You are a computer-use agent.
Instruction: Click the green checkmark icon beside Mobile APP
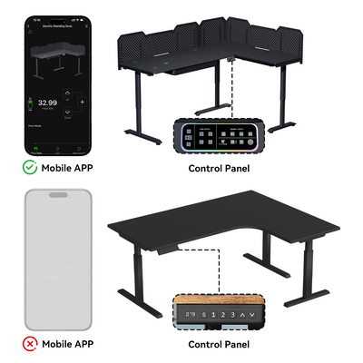coord(29,168)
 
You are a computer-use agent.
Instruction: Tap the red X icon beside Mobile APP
coord(29,345)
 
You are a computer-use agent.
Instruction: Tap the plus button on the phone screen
coord(83,103)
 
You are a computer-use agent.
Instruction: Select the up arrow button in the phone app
coord(83,89)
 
